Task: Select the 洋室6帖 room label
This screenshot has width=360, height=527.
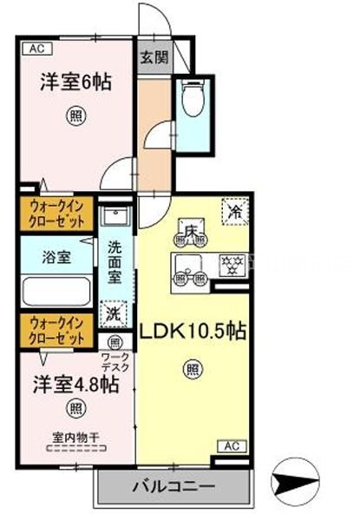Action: tap(75, 84)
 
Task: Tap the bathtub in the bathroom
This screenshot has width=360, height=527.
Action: tap(57, 290)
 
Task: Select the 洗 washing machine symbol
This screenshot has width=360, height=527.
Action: tap(114, 313)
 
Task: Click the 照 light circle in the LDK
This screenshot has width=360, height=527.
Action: tap(192, 370)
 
